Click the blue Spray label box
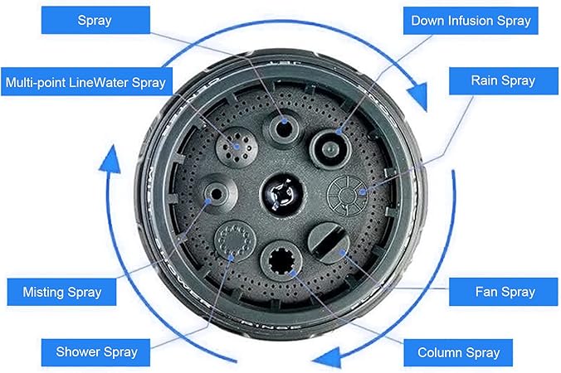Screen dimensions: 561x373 point(95,20)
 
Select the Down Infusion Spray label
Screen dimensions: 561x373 point(471,21)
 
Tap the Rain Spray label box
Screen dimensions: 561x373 point(504,80)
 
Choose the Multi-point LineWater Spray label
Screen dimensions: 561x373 point(86,82)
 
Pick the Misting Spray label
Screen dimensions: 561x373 point(61,293)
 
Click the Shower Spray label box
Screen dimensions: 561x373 point(95,352)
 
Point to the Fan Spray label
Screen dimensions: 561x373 point(504,292)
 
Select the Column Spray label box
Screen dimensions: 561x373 point(458,352)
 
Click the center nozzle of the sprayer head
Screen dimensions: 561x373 point(283,195)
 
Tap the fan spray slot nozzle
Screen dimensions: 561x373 point(329,243)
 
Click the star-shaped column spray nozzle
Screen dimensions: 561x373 point(281,261)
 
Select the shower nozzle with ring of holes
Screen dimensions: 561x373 point(235,241)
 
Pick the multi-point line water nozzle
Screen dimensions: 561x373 point(237,147)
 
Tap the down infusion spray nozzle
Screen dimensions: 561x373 point(330,148)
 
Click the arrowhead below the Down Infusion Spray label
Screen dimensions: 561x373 point(418,96)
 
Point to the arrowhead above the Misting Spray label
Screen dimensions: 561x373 point(110,160)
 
